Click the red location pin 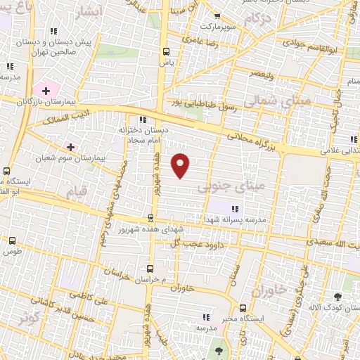pos(181,165)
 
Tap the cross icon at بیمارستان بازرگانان pos(46,91)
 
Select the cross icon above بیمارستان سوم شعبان pos(70,146)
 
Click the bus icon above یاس pos(167,51)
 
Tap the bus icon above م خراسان pos(149,269)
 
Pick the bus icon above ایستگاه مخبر pos(243,308)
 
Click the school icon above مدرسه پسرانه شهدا pos(234,208)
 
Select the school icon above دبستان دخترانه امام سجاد pos(143,120)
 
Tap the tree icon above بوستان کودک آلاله pos(337,297)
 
